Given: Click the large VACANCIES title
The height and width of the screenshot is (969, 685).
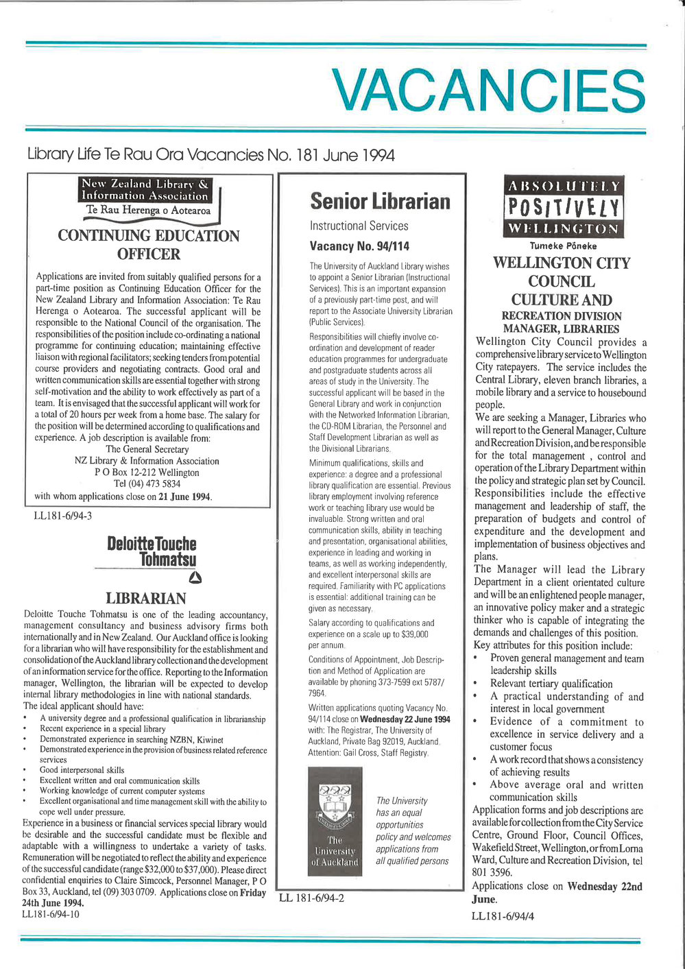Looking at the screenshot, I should click(x=489, y=90).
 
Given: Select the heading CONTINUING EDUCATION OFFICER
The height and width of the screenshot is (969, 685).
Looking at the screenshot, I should click(x=149, y=245).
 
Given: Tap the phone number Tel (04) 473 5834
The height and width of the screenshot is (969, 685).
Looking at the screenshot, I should click(x=147, y=484).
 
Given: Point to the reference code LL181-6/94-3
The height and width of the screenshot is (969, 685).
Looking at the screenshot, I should click(x=62, y=516).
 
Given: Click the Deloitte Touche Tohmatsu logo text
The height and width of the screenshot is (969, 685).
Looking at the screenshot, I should click(x=152, y=552).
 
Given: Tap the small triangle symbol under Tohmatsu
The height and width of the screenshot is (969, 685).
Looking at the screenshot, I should click(x=195, y=577).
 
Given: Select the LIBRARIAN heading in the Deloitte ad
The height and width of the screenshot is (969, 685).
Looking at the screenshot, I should click(x=145, y=599).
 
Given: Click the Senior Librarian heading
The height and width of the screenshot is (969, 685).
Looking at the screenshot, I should click(x=380, y=201).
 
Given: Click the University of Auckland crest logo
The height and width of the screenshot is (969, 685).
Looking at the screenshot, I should click(x=335, y=821).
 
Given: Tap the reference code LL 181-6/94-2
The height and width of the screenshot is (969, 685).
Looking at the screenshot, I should click(x=311, y=898).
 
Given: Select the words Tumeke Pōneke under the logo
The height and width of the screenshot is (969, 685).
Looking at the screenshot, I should click(x=563, y=246).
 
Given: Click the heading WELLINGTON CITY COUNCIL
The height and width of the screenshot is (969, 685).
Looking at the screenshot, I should click(x=562, y=272).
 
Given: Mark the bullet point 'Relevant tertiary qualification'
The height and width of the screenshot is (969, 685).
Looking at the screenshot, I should click(x=551, y=684).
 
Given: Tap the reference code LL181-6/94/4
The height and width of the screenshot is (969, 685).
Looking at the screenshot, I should click(x=503, y=916).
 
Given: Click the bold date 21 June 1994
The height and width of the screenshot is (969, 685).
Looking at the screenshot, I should click(x=185, y=497).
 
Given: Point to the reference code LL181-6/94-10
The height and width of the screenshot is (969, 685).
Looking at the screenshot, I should click(x=51, y=914).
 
